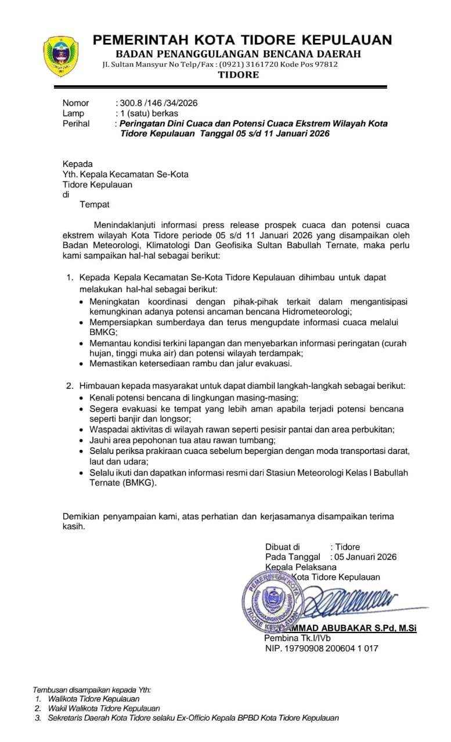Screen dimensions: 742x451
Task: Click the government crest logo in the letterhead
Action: pos(60,56)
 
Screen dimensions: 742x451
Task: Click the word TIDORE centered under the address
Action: pos(239,75)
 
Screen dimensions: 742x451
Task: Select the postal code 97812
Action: pos(326,64)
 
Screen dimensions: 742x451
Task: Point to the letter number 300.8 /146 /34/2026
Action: pos(158,103)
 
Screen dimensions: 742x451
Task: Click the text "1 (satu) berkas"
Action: pos(149,113)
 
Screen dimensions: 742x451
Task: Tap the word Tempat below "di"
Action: pos(94,204)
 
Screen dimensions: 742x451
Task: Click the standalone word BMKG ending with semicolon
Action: pos(103,332)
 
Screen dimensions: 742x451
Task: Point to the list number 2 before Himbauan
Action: pos(69,385)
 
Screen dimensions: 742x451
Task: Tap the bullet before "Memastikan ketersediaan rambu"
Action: pos(82,364)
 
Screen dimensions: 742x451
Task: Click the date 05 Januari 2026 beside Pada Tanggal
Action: pos(365,557)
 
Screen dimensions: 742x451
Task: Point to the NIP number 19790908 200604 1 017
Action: pos(322,648)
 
